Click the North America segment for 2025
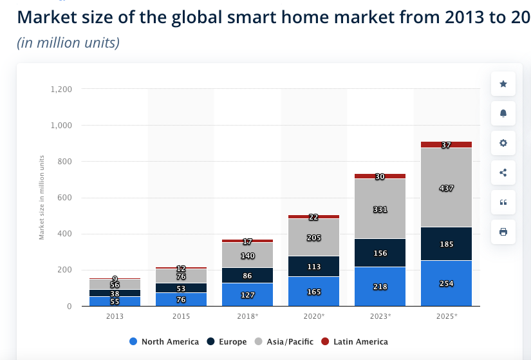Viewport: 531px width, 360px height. pyautogui.click(x=446, y=283)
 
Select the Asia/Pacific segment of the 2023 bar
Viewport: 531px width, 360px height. pyautogui.click(x=380, y=209)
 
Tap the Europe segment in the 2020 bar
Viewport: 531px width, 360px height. pyautogui.click(x=314, y=266)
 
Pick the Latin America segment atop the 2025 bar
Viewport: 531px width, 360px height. pyautogui.click(x=446, y=145)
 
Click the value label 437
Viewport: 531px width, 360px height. pyautogui.click(x=447, y=188)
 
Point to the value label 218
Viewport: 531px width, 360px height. pyautogui.click(x=380, y=286)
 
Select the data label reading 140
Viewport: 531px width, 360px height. pyautogui.click(x=248, y=255)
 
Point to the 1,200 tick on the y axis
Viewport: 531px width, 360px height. pyautogui.click(x=61, y=89)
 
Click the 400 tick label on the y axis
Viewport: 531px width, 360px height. pyautogui.click(x=65, y=234)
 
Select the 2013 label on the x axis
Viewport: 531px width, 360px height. pyautogui.click(x=115, y=316)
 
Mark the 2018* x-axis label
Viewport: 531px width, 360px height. pyautogui.click(x=248, y=316)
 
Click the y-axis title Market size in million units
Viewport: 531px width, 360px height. pyautogui.click(x=42, y=197)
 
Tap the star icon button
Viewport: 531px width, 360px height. pyautogui.click(x=503, y=84)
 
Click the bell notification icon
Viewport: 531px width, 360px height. pyautogui.click(x=503, y=113)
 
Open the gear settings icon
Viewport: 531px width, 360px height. pyautogui.click(x=503, y=143)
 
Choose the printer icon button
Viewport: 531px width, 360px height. pyautogui.click(x=503, y=232)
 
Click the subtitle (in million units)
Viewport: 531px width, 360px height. pyautogui.click(x=68, y=43)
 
